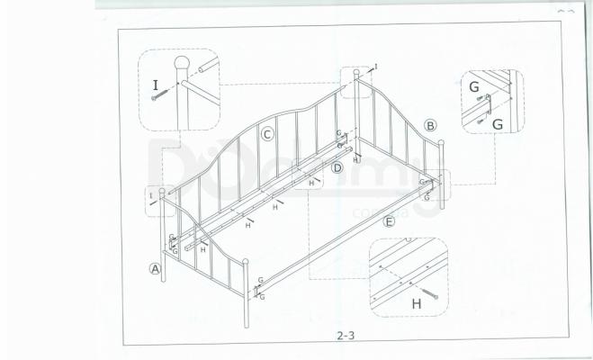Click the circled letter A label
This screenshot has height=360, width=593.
[x=155, y=267]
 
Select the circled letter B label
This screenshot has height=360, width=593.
[x=430, y=125]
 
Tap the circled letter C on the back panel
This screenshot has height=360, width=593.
[x=267, y=134]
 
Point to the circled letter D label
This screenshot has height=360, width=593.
[x=337, y=167]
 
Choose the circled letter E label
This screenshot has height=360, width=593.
[x=389, y=221]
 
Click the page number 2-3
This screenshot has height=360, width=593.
[x=346, y=336]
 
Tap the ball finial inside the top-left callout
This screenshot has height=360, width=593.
[x=183, y=64]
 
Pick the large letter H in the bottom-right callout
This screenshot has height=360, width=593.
[x=416, y=304]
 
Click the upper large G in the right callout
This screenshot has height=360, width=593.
[x=473, y=87]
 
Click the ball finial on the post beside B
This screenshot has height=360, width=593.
[x=442, y=142]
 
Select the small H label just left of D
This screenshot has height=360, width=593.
[x=311, y=183]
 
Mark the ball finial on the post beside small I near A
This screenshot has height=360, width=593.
[x=163, y=191]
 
